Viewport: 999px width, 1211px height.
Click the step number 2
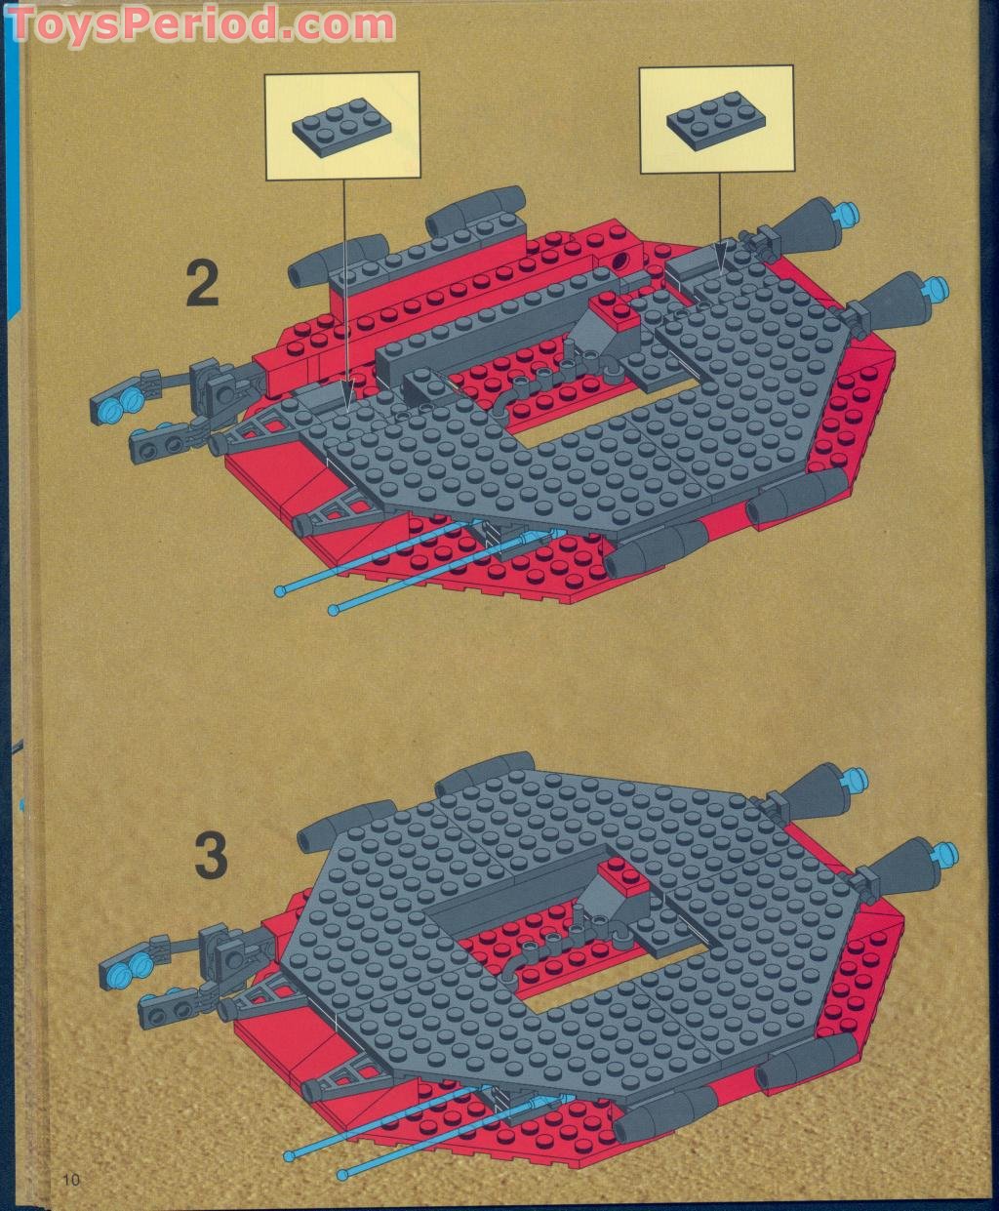click(x=202, y=284)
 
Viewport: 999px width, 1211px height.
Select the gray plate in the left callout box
click(x=340, y=126)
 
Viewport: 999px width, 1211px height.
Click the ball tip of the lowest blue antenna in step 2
click(x=333, y=610)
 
